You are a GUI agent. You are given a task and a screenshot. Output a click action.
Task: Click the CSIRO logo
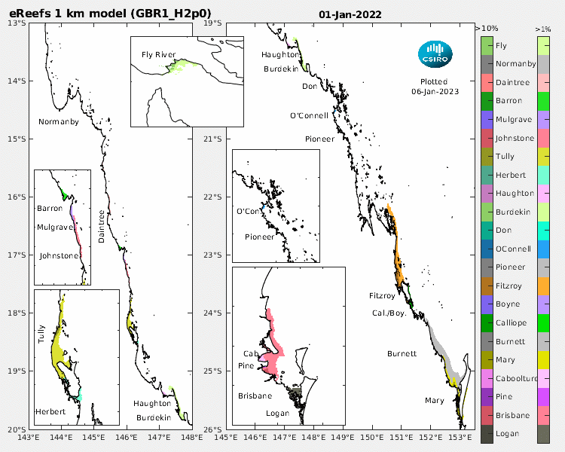click(x=435, y=53)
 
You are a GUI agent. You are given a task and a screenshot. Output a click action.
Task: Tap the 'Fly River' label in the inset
click(x=158, y=55)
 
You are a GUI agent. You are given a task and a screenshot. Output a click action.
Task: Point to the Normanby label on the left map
click(x=59, y=121)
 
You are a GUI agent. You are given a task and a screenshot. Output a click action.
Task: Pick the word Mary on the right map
click(x=434, y=400)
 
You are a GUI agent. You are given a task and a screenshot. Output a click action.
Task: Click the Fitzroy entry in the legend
click(x=509, y=286)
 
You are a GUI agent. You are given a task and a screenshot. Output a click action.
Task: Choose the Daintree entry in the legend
click(x=512, y=83)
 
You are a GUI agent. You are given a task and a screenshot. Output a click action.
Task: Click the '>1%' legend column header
click(x=542, y=28)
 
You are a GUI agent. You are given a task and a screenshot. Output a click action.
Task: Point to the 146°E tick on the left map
click(x=126, y=436)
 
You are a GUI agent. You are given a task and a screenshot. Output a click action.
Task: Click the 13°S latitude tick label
click(x=17, y=23)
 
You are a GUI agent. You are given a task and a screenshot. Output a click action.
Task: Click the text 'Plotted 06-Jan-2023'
click(x=435, y=87)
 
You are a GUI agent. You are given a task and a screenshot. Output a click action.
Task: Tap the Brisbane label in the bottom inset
click(x=255, y=395)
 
